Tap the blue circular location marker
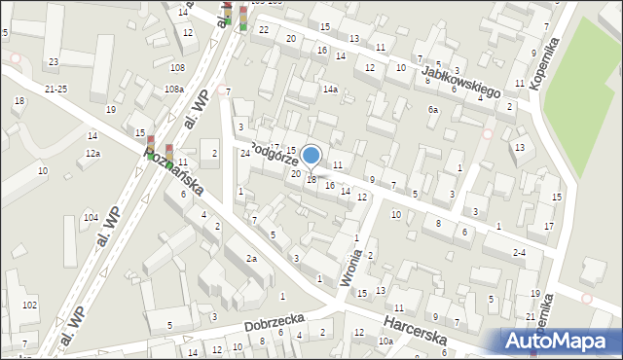coord(311,155)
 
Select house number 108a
coord(173,90)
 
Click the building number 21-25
coord(55,89)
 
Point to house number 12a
coord(92,154)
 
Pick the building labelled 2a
coord(251,258)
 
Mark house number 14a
coord(331,90)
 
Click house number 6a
coord(433,110)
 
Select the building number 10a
coord(385,341)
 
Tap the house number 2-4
coord(519,252)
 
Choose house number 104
coord(91,217)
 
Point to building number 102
coord(29,306)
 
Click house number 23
coord(53,62)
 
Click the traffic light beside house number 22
coord(242,18)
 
